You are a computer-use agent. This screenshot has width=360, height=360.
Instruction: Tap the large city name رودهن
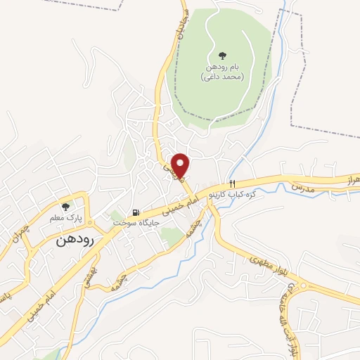[78, 239]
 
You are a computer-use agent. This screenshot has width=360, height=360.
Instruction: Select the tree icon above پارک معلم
[65, 207]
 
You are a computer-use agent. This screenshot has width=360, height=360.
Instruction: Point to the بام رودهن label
[222, 67]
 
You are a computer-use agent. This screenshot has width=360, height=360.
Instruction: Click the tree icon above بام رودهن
[222, 55]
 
